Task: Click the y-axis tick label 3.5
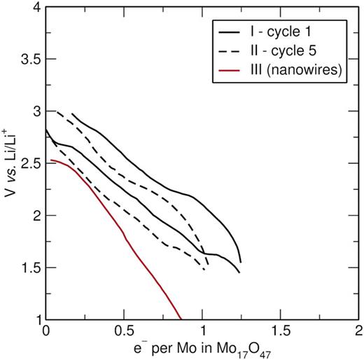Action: pos(31,59)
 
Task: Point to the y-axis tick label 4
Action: pos(36,7)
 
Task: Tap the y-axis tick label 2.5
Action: pos(31,163)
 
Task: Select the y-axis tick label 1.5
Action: pos(31,268)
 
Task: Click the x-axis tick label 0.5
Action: pos(124,331)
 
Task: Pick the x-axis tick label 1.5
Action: pos(281,331)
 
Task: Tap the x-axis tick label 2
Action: pos(358,331)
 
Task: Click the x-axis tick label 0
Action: pos(46,331)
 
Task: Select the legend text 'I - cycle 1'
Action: pos(281,32)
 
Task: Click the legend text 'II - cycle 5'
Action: pos(283,50)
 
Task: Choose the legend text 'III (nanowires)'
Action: pos(296,69)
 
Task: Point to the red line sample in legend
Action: pos(229,70)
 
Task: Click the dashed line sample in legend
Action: pos(229,51)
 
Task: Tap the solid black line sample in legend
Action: pos(229,32)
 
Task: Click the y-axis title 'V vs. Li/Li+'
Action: pos(10,163)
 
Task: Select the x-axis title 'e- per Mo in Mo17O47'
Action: pos(202,349)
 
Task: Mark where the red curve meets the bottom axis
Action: pos(181,319)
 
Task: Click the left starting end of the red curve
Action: pos(51,160)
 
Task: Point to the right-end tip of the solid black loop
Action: pos(241,263)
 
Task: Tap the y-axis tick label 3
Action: pos(36,111)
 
